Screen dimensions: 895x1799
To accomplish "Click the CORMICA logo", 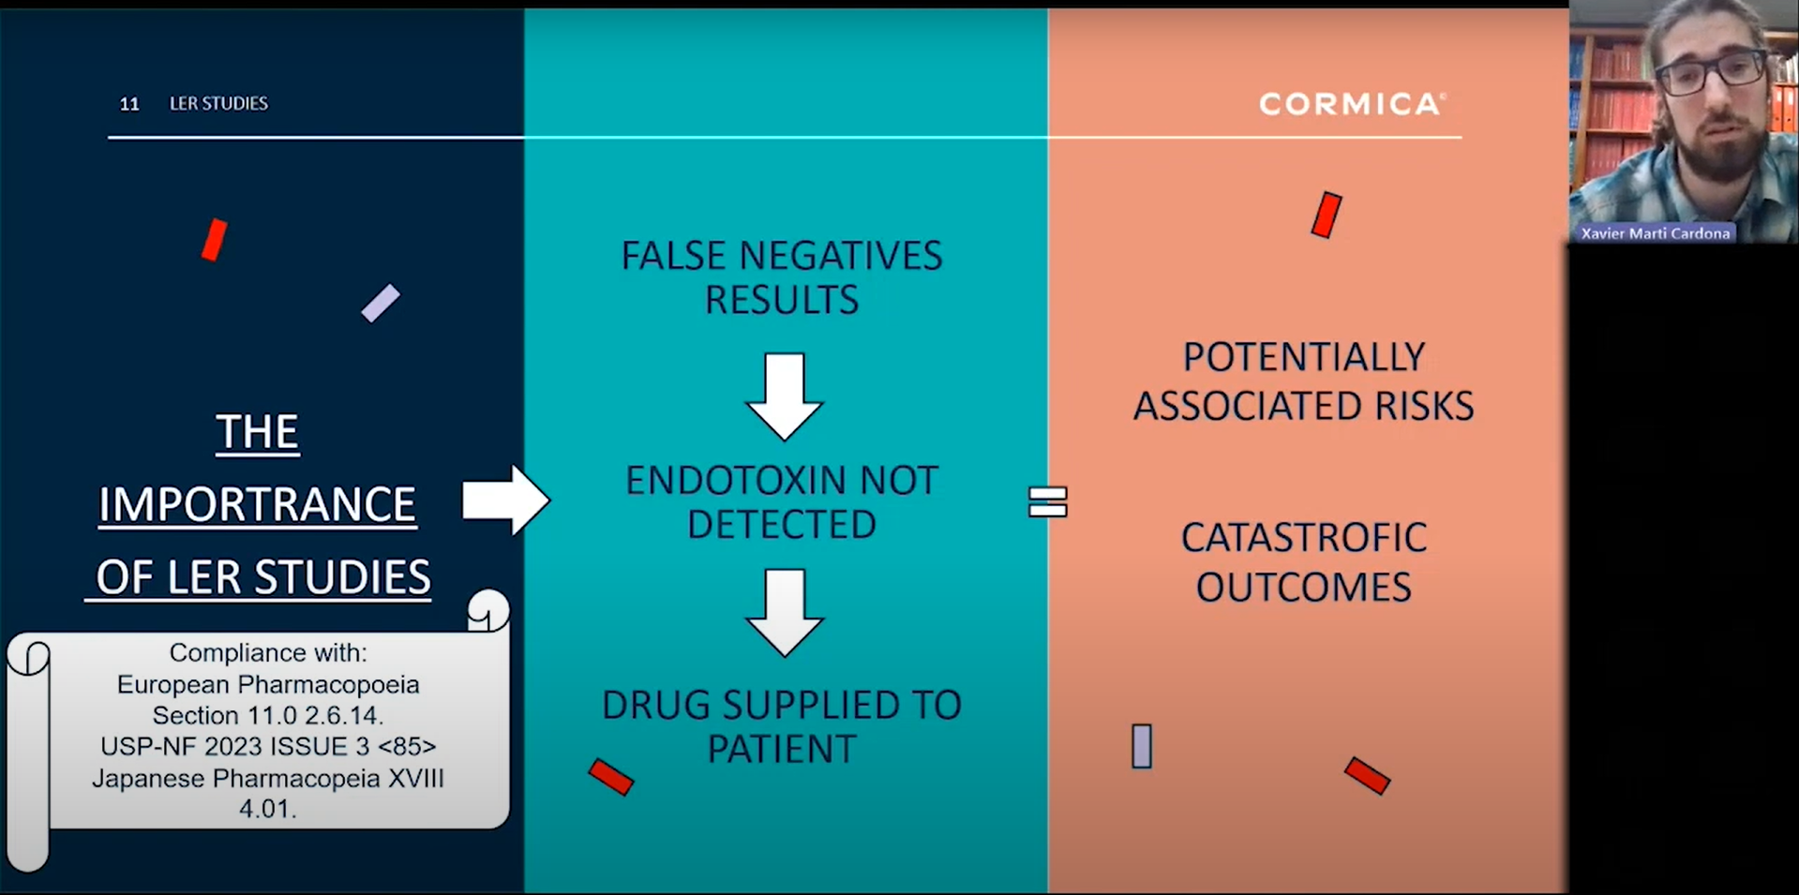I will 1351,103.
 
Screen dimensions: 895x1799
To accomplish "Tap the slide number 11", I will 129,104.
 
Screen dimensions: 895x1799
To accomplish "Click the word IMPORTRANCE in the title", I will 257,504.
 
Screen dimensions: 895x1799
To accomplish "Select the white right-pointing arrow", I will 504,500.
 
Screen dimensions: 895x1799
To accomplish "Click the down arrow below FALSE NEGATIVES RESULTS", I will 785,395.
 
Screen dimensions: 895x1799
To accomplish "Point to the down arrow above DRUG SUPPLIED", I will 785,611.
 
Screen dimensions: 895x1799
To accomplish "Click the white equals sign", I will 1047,501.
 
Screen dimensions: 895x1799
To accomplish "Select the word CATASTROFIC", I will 1303,538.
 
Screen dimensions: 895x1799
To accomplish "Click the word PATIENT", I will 782,749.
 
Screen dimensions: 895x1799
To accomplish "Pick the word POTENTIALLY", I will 1303,357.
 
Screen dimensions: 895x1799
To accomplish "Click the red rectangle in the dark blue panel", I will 215,240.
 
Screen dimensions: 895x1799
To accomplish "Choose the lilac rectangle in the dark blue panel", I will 381,303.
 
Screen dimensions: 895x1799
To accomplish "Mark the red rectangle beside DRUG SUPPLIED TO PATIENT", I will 611,777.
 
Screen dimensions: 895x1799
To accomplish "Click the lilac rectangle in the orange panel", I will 1141,746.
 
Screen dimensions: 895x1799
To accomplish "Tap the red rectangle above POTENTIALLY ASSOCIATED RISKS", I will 1327,215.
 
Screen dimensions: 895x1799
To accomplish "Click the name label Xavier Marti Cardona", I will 1655,233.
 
